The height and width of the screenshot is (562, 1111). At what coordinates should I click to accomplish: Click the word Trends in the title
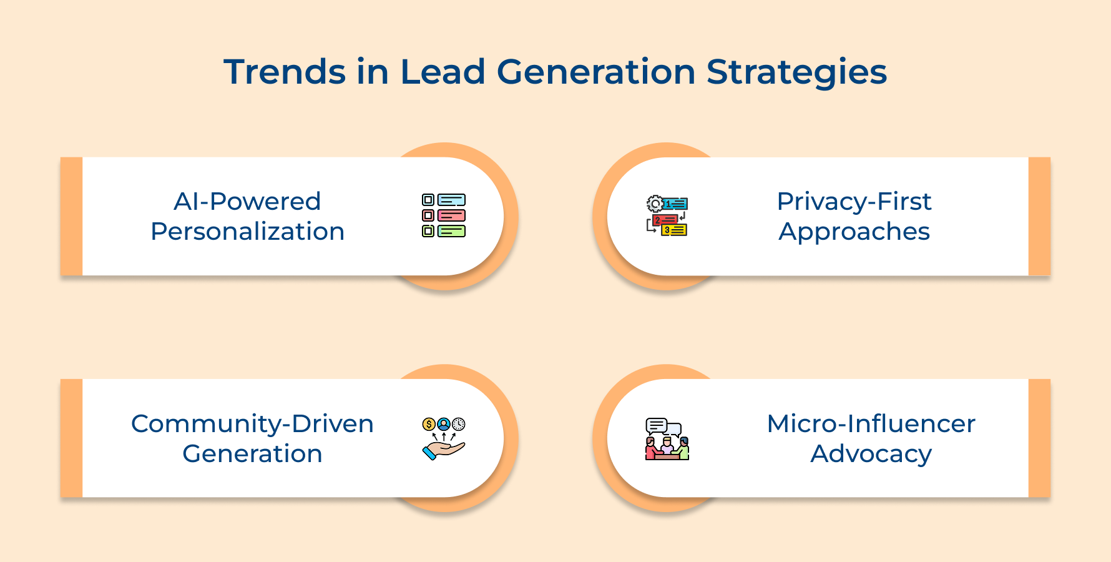tap(285, 72)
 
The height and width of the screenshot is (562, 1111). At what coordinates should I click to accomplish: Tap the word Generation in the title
tap(595, 72)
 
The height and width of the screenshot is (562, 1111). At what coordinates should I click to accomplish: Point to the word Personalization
tap(248, 232)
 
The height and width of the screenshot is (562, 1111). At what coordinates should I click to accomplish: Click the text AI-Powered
tap(247, 202)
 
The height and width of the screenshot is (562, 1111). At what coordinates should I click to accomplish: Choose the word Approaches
tap(854, 232)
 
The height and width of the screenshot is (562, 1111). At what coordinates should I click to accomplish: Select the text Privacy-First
tap(854, 202)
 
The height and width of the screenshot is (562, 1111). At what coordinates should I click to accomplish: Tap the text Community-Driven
tap(252, 424)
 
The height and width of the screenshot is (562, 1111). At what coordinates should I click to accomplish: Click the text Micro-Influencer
tap(871, 424)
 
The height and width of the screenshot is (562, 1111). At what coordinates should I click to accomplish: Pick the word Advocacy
tap(871, 454)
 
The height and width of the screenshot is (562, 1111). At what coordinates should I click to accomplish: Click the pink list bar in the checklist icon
tap(451, 215)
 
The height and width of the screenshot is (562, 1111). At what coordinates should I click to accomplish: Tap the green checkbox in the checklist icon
tap(428, 231)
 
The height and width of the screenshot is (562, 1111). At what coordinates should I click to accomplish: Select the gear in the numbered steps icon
tap(655, 204)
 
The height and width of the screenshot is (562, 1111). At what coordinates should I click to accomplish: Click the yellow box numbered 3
tap(674, 230)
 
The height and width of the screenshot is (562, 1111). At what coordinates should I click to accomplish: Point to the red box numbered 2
tap(665, 220)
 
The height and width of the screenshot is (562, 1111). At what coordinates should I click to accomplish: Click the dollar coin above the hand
tap(428, 425)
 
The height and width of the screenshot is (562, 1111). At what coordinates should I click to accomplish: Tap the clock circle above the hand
tap(459, 424)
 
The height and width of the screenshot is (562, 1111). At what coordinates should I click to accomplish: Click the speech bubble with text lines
tap(656, 426)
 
